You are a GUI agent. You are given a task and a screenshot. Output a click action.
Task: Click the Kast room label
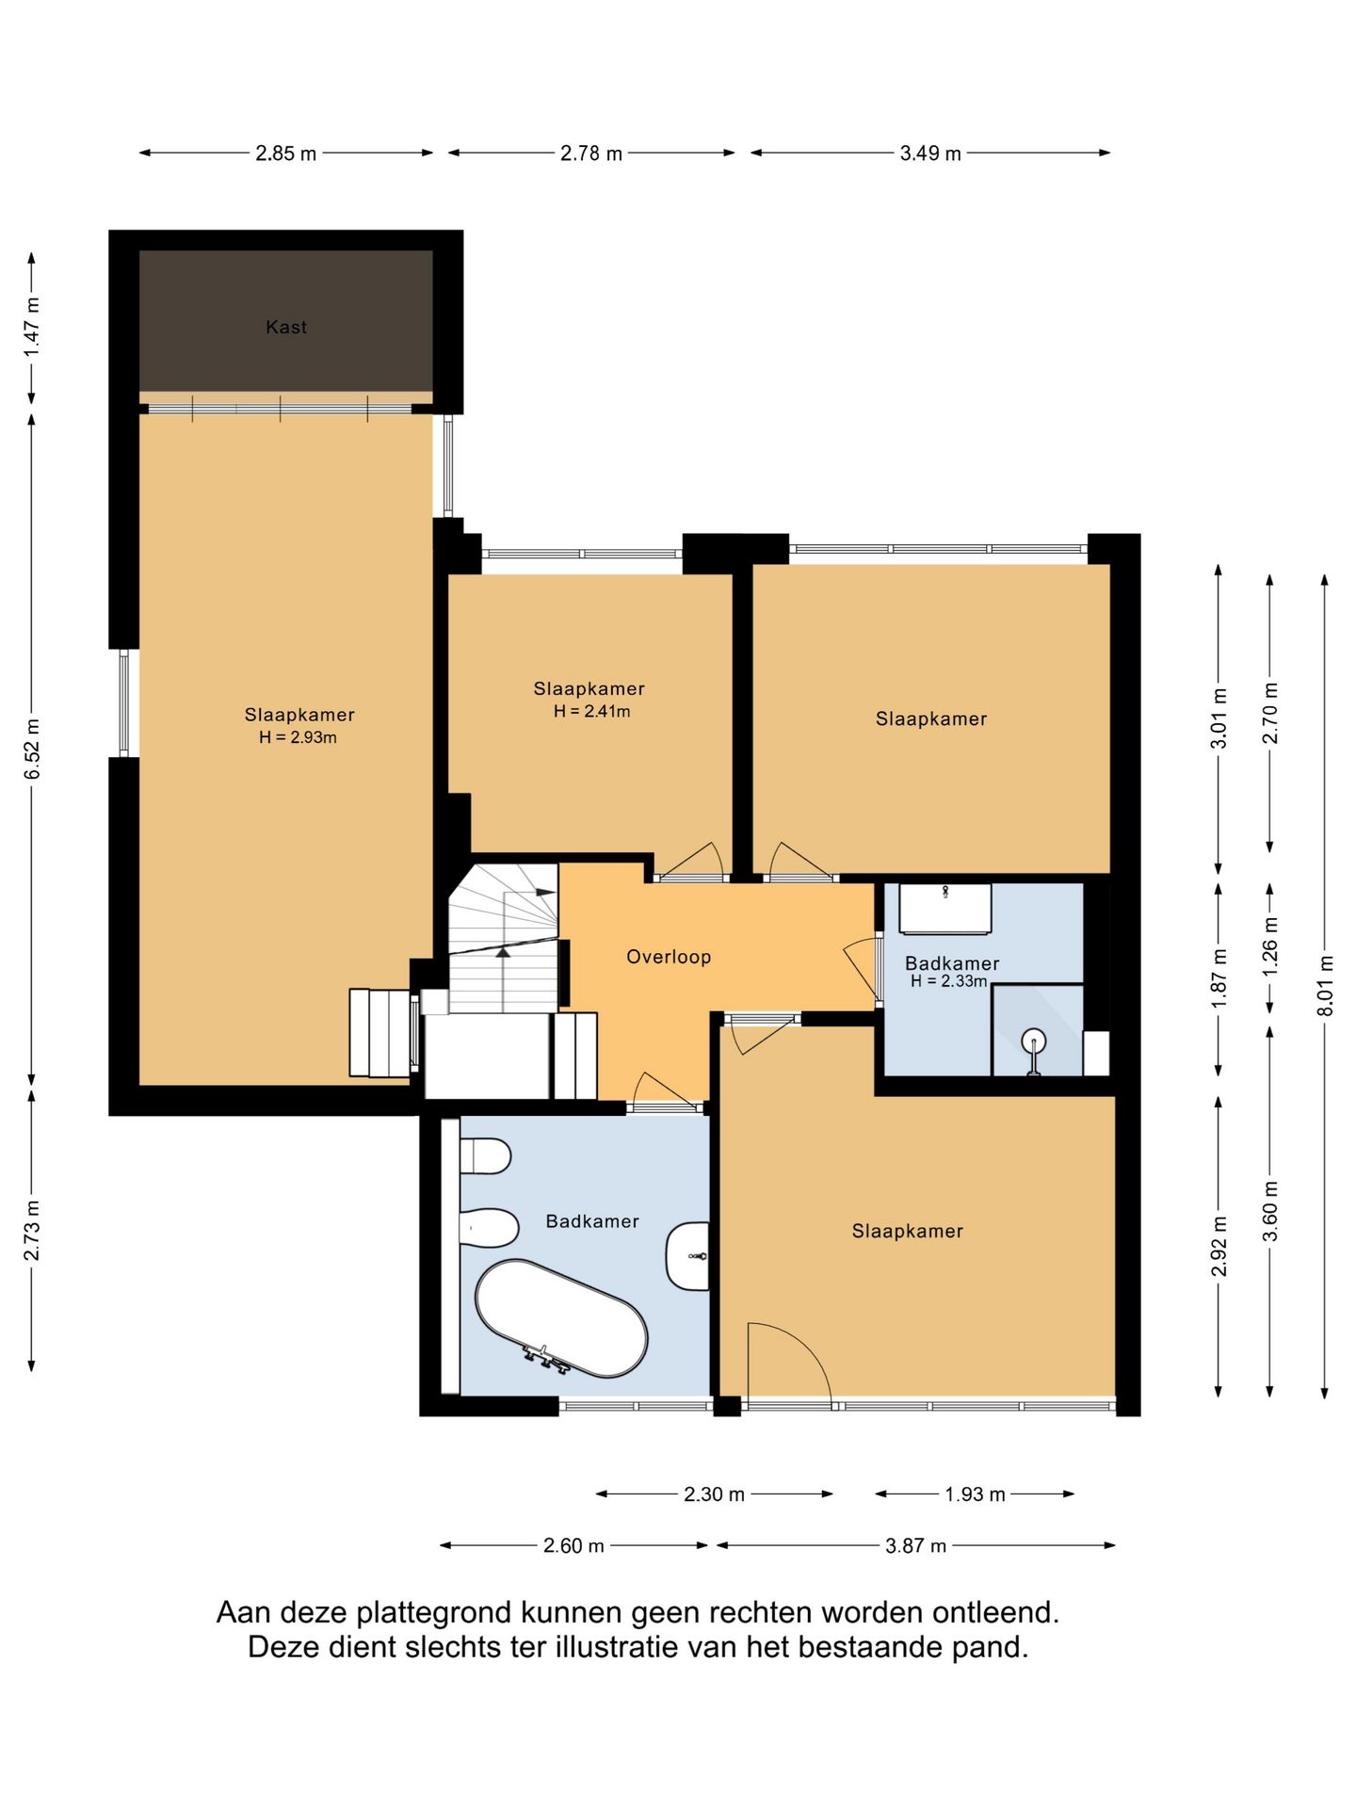click(285, 327)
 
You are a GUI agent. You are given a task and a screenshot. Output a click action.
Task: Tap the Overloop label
click(669, 957)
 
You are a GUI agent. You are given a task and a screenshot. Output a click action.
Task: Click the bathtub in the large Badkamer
click(561, 1318)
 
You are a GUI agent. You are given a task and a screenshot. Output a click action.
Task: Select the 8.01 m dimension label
click(1325, 985)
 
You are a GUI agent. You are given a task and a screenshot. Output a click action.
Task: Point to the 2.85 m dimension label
click(286, 153)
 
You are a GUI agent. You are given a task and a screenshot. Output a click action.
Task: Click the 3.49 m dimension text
click(930, 153)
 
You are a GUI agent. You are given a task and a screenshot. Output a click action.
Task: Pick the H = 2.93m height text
click(298, 737)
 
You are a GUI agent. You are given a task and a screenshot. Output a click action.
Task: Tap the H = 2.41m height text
click(591, 711)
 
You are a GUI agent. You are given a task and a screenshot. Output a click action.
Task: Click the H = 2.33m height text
click(948, 981)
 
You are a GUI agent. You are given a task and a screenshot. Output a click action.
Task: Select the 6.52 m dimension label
click(33, 749)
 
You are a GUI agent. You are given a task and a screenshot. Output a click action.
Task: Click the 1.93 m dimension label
click(976, 1494)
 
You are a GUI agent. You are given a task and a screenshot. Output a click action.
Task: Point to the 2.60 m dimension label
click(573, 1545)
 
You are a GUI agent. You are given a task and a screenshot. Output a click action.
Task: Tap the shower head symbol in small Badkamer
click(1034, 1050)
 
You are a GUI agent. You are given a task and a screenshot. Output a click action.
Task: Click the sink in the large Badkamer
click(687, 1256)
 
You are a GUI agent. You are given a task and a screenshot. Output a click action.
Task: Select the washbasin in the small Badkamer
click(944, 908)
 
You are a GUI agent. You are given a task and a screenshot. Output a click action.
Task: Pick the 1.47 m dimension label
click(33, 327)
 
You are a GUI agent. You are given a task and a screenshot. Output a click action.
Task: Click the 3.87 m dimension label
click(915, 1545)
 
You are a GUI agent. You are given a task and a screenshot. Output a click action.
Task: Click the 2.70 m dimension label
click(1270, 713)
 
